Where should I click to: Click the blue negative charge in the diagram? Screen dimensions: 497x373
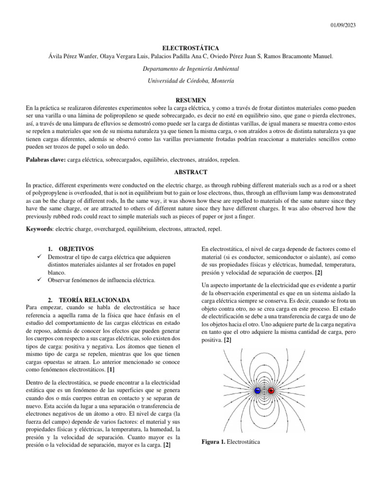[257, 391]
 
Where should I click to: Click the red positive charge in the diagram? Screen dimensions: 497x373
[271, 391]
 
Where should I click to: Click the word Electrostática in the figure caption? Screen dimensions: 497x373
[244, 442]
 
